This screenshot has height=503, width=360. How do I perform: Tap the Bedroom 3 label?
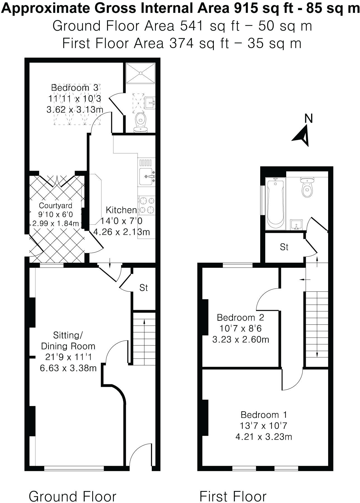tap(75, 87)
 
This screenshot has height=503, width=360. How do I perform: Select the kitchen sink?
tap(146, 176)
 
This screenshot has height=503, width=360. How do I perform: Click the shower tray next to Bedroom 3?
tap(140, 73)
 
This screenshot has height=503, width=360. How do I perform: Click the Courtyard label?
tap(56, 206)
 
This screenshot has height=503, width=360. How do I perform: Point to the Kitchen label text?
tap(121, 210)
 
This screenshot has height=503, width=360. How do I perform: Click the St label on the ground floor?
tap(144, 288)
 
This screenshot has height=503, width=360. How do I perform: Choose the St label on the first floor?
tap(284, 247)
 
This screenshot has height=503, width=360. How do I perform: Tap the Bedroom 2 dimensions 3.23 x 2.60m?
tap(241, 340)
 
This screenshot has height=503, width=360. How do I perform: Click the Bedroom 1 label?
tap(264, 414)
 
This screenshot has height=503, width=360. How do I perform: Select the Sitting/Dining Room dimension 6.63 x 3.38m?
tap(68, 368)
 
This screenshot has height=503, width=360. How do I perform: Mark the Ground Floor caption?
tap(72, 489)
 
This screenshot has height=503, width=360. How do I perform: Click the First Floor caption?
tap(233, 489)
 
